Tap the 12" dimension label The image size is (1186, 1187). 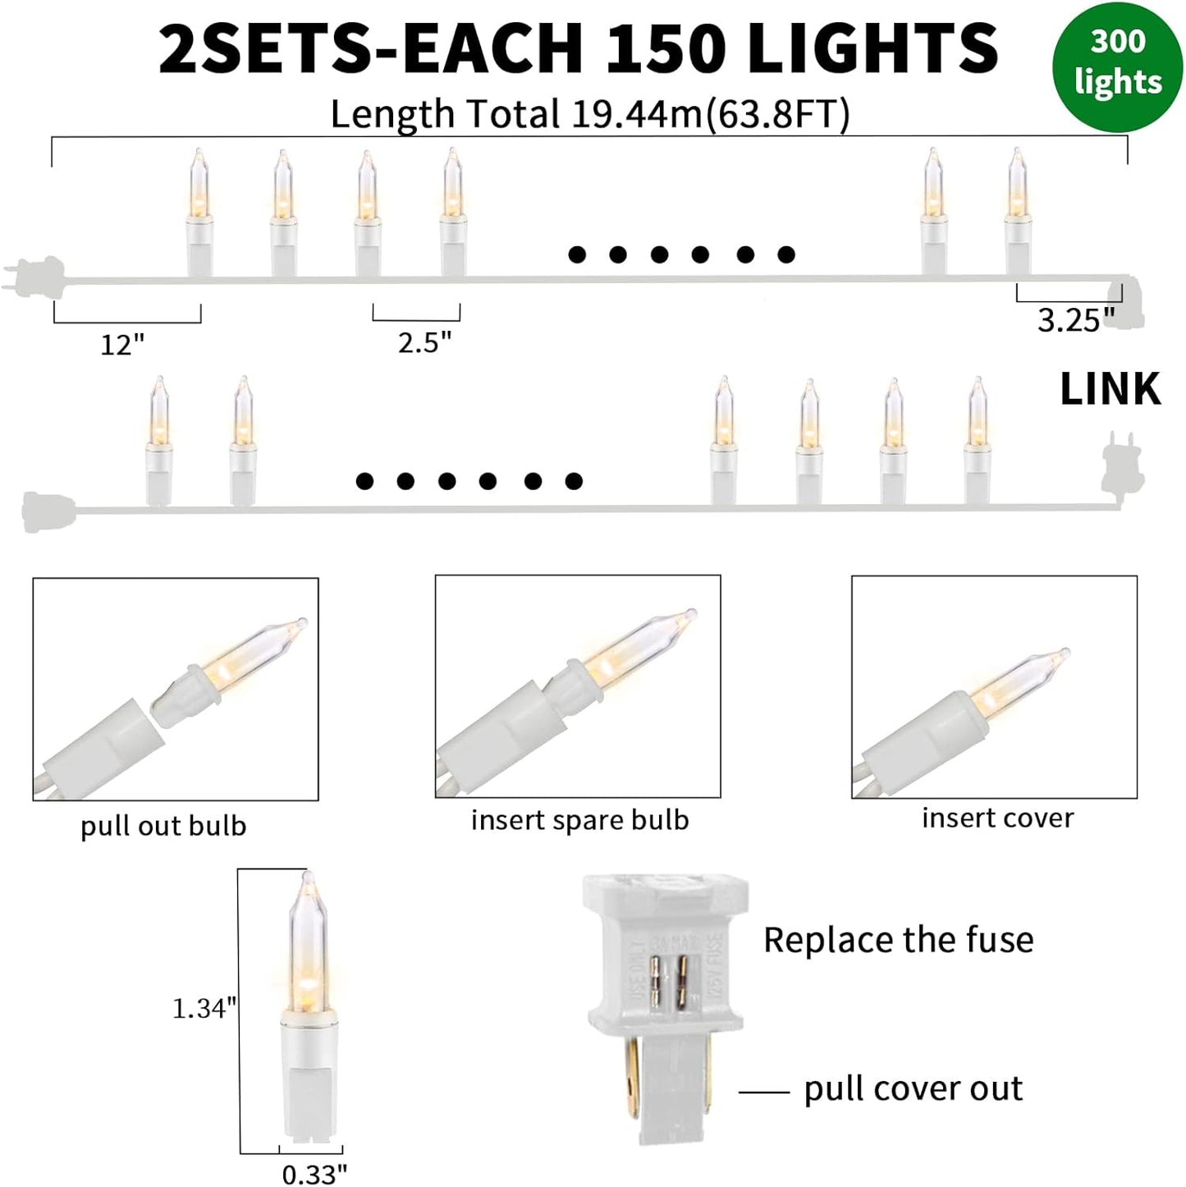click(x=122, y=345)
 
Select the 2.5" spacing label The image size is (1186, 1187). click(x=424, y=342)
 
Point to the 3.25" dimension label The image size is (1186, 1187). click(x=1076, y=320)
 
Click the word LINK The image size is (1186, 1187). click(x=1110, y=389)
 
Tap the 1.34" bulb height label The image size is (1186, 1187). click(x=204, y=1008)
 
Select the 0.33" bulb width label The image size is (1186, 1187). click(x=314, y=1175)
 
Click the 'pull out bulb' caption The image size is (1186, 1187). click(x=163, y=826)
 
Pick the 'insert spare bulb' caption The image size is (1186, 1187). click(x=579, y=820)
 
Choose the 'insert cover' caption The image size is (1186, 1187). click(x=997, y=818)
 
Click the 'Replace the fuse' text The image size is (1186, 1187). click(x=898, y=940)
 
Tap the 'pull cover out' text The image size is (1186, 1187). click(x=913, y=1088)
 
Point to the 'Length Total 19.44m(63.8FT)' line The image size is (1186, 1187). click(x=589, y=114)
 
